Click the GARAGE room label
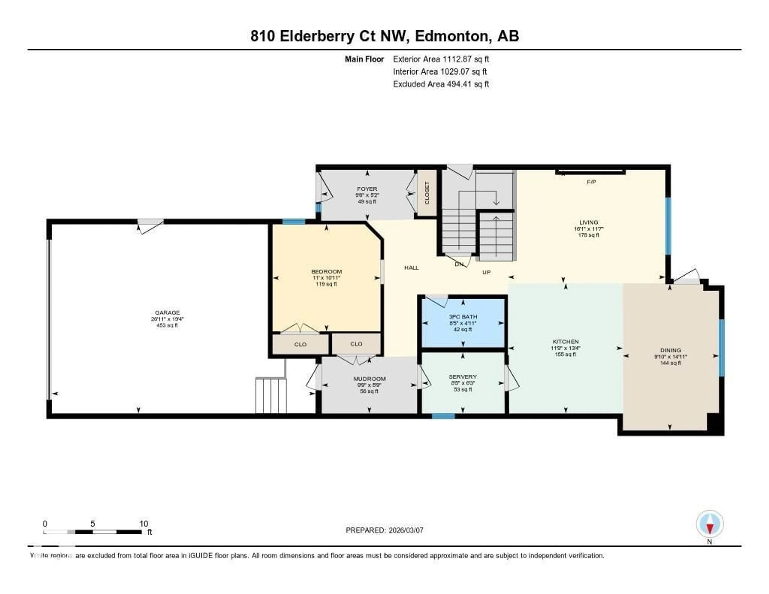point(167,312)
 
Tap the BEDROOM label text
point(326,272)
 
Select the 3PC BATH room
point(463,323)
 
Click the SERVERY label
point(463,376)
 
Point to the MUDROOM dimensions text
point(369,385)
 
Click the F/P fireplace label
point(591,182)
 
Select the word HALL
point(411,268)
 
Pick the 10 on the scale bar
point(143,523)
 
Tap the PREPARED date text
point(384,530)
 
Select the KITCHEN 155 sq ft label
point(565,354)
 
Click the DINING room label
point(670,350)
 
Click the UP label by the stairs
point(486,272)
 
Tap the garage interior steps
point(271,395)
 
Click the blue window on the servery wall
point(443,416)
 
